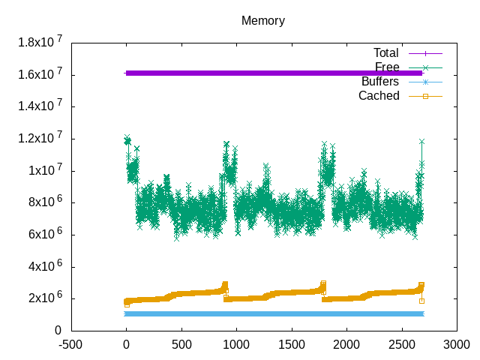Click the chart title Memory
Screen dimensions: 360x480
pos(262,20)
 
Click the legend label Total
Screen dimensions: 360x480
pos(386,52)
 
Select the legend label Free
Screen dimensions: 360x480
pos(386,67)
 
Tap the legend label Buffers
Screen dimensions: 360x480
pos(380,81)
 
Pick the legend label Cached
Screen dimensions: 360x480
pos(379,95)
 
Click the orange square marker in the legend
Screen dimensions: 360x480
pos(425,95)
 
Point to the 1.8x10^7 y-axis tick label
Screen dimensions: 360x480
pos(40,43)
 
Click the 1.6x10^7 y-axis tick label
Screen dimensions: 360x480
pos(40,75)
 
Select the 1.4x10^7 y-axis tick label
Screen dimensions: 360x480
pos(40,107)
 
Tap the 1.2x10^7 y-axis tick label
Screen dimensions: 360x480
pos(40,139)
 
